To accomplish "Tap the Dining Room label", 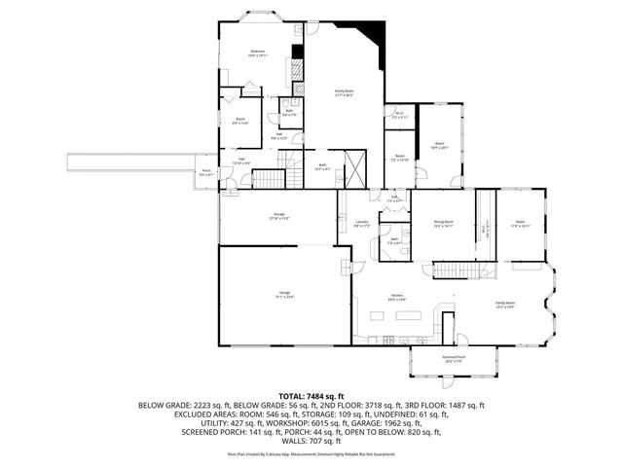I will [x=444, y=224].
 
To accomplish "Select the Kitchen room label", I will [x=397, y=297].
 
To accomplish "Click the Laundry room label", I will [x=360, y=224].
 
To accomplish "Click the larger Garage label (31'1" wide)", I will [x=286, y=295].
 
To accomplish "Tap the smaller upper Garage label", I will [x=278, y=217].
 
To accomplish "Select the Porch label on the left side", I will [x=206, y=173].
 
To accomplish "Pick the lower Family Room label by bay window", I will [x=504, y=304].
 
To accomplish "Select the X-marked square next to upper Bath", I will [x=356, y=167].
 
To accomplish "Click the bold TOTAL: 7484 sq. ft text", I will [x=311, y=397].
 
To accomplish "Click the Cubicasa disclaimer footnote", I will [x=311, y=453].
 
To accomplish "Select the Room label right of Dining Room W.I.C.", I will [x=513, y=224].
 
